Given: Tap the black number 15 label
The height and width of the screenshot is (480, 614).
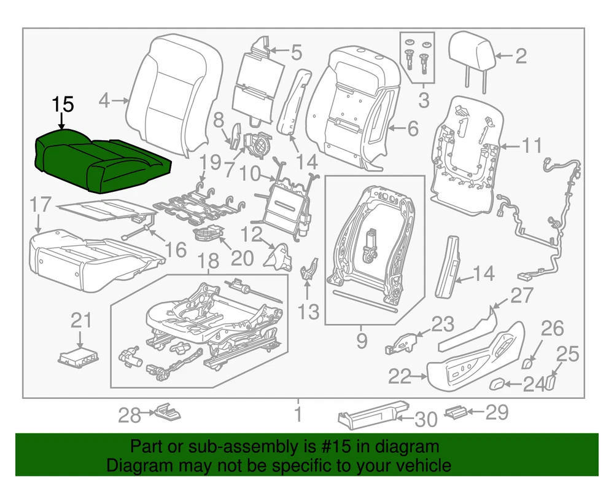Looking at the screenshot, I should [x=63, y=105].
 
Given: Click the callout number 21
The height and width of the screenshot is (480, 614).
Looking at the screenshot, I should [x=80, y=320].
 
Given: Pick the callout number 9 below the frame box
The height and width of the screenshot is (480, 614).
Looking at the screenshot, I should [x=361, y=339].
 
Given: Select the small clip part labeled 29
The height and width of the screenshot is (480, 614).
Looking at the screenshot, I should [x=455, y=411].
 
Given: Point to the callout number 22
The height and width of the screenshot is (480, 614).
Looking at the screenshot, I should [x=400, y=376].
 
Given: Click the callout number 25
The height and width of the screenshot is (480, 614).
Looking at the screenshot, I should [x=568, y=354].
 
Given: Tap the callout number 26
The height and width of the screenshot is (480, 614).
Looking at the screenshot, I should [x=552, y=329].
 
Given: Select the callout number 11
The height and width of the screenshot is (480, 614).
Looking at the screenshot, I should [x=532, y=146].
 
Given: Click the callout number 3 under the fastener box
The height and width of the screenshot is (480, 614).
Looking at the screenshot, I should [x=424, y=100].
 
